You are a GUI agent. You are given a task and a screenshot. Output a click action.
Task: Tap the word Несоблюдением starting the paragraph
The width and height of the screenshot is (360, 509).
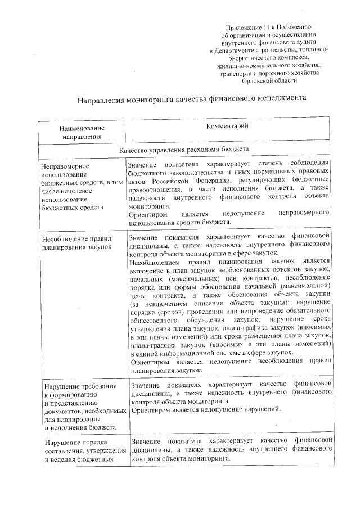pyautogui.click(x=153, y=262)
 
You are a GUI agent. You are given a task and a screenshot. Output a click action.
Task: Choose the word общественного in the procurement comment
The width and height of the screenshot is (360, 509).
pyautogui.click(x=153, y=319)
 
